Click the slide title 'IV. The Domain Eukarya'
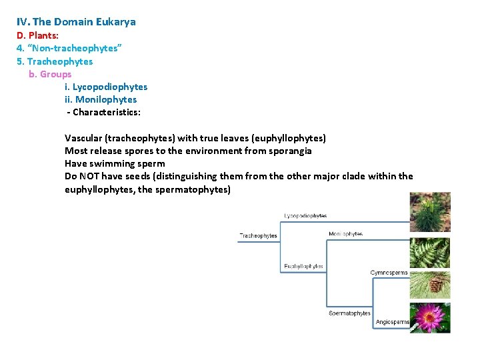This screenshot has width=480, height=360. coord(76,22)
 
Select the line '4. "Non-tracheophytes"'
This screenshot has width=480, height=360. coord(69,48)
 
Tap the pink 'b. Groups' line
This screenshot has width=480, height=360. coord(50,74)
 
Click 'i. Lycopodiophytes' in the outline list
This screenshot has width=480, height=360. coord(106,87)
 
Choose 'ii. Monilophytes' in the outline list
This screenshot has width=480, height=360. coord(101,99)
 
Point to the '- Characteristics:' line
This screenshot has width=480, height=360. coord(103,112)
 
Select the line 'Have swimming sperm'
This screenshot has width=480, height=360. coord(115,163)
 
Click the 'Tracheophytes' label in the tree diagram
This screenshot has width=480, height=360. coord(259,236)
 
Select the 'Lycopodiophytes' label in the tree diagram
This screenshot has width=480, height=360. coord(305,216)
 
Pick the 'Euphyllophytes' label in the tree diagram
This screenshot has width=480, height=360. coord(303,267)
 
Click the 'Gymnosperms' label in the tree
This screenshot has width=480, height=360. coord(389,273)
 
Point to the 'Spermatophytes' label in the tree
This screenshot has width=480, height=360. coord(349,313)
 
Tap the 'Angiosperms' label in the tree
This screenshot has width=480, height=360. coord(392,323)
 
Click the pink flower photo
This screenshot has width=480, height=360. coord(430,318)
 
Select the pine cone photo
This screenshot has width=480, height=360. coord(430,283)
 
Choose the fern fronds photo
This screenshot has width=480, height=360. coord(430,252)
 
